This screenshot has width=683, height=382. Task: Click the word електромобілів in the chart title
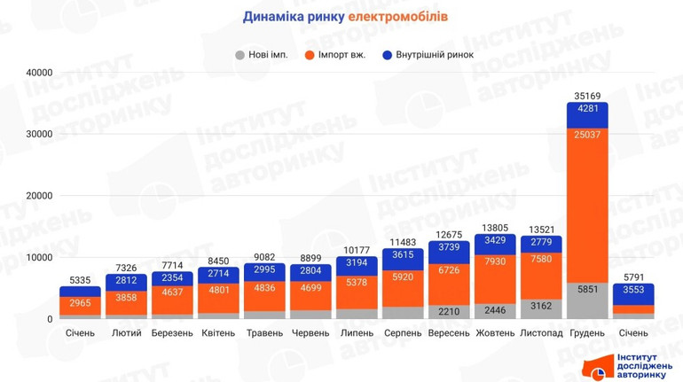(x=397, y=17)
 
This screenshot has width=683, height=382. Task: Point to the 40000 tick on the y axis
(x=37, y=73)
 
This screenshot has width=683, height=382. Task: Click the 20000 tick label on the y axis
(x=37, y=196)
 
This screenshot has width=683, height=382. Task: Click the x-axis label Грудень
(x=587, y=333)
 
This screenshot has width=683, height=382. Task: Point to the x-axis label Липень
(x=357, y=333)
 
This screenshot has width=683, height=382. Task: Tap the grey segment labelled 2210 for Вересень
(x=449, y=311)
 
